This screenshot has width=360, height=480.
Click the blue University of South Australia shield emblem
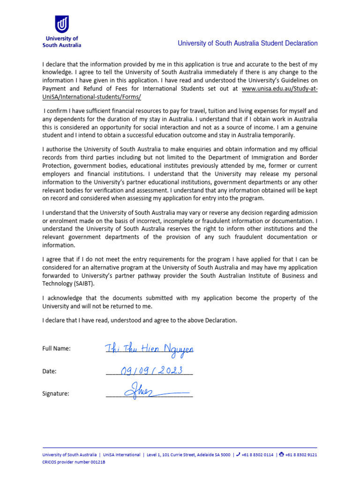point(62,24)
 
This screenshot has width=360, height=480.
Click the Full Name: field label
point(56,348)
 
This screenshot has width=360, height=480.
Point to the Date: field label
point(49,371)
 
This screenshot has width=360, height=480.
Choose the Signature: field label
point(55,394)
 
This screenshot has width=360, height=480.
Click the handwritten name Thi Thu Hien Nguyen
point(149,348)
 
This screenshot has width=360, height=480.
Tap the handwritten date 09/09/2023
point(150,370)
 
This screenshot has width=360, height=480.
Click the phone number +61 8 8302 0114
point(257,455)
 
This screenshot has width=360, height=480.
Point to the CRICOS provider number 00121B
point(74,462)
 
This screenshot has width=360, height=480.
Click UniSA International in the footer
point(121,455)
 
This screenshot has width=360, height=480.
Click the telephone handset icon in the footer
point(238,454)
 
